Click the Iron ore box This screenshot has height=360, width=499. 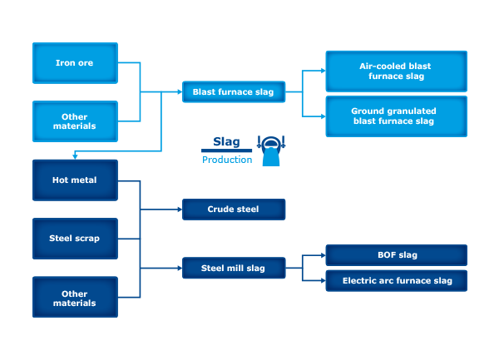[x=75, y=63]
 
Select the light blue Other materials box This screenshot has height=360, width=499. [x=75, y=121]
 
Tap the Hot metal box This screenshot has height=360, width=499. [x=75, y=180]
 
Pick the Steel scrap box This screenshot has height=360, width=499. [x=75, y=239]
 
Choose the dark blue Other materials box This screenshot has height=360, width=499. [x=75, y=297]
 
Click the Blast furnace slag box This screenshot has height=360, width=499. [x=234, y=92]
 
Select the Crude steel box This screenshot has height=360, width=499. [x=234, y=210]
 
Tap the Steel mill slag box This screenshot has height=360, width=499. [x=234, y=268]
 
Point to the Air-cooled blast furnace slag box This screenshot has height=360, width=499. [x=396, y=72]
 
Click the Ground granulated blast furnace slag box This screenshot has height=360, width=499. [x=396, y=116]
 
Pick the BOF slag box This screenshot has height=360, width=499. [x=396, y=255]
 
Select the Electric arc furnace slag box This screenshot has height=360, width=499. [x=396, y=281]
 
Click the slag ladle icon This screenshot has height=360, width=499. [x=271, y=150]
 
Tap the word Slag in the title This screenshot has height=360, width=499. [x=226, y=142]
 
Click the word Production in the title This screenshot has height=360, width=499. [x=227, y=160]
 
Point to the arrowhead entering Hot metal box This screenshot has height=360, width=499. [x=75, y=156]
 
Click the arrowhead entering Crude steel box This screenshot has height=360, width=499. [x=180, y=210]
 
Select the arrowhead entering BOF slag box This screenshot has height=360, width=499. [x=324, y=255]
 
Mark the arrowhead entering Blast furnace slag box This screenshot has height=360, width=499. [x=180, y=92]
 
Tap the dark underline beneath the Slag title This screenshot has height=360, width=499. [x=226, y=150]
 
